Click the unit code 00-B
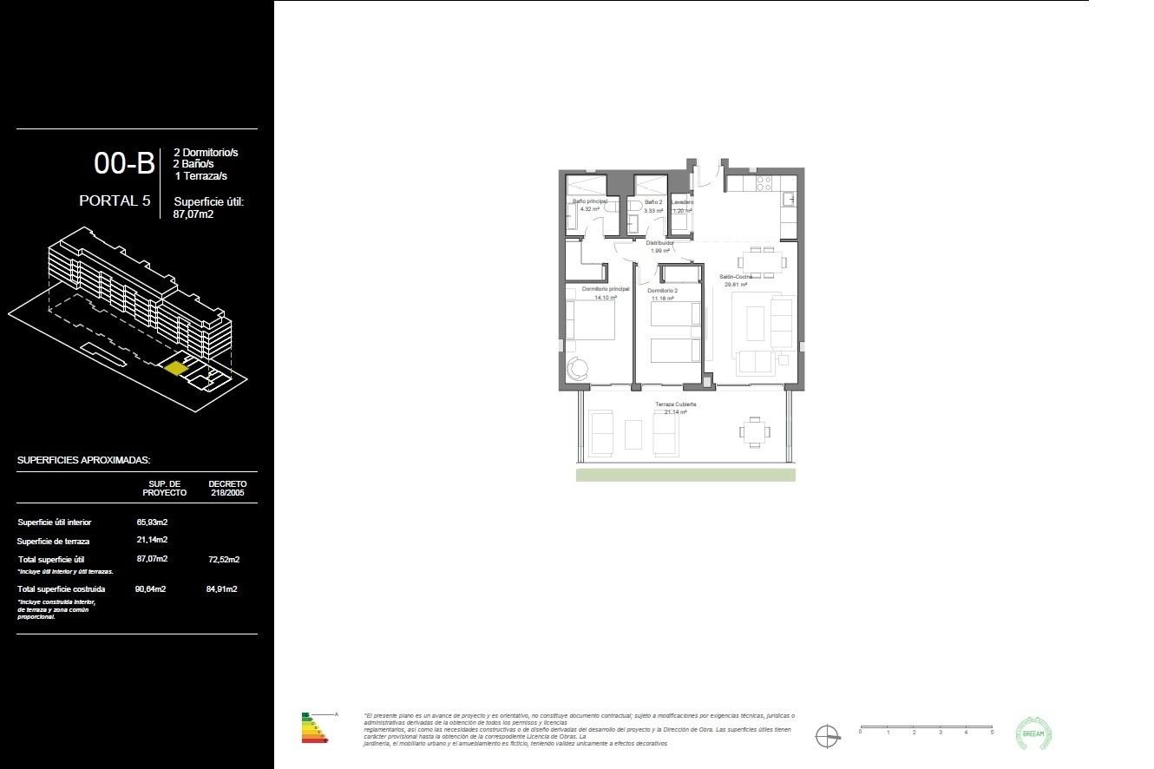[124, 163]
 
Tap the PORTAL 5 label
[115, 200]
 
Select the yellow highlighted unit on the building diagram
[176, 368]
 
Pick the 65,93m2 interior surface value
[152, 523]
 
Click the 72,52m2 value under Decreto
[223, 560]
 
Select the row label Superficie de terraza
[53, 542]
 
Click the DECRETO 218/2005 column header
[227, 488]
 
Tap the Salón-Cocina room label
[735, 277]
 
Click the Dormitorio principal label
[605, 289]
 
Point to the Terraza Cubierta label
[675, 404]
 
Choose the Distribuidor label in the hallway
[659, 244]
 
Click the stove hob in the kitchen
[764, 183]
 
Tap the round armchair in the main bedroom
[578, 368]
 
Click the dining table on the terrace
[753, 430]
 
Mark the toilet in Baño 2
[636, 207]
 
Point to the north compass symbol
[828, 736]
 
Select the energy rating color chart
[315, 728]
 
